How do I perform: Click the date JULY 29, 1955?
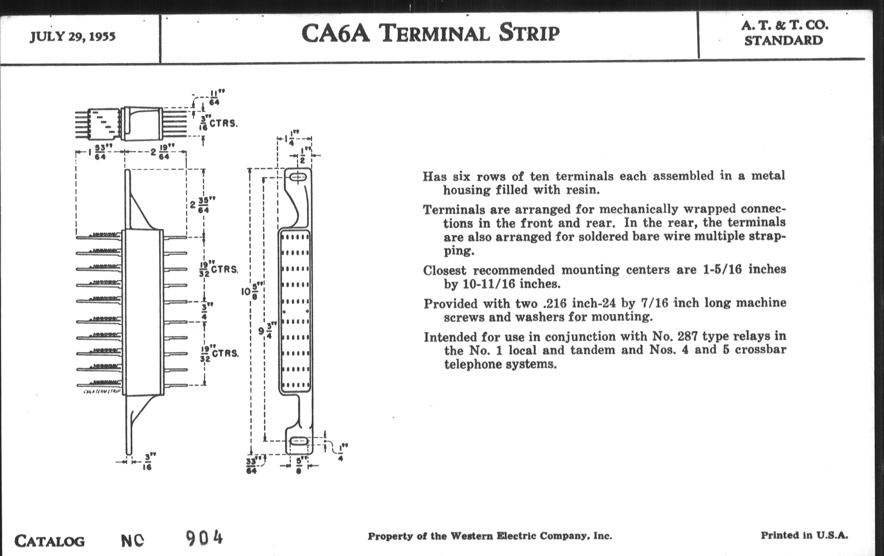click(73, 37)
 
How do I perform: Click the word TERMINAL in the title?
click(434, 33)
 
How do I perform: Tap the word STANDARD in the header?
click(783, 40)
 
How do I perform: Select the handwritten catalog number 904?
click(204, 539)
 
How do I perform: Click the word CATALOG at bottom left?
click(49, 541)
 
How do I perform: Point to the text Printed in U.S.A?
click(804, 535)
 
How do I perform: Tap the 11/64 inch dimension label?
click(214, 98)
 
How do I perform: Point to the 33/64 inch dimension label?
click(252, 466)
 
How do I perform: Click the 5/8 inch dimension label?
click(298, 465)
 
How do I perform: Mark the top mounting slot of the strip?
click(298, 178)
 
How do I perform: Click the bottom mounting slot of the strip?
click(299, 441)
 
